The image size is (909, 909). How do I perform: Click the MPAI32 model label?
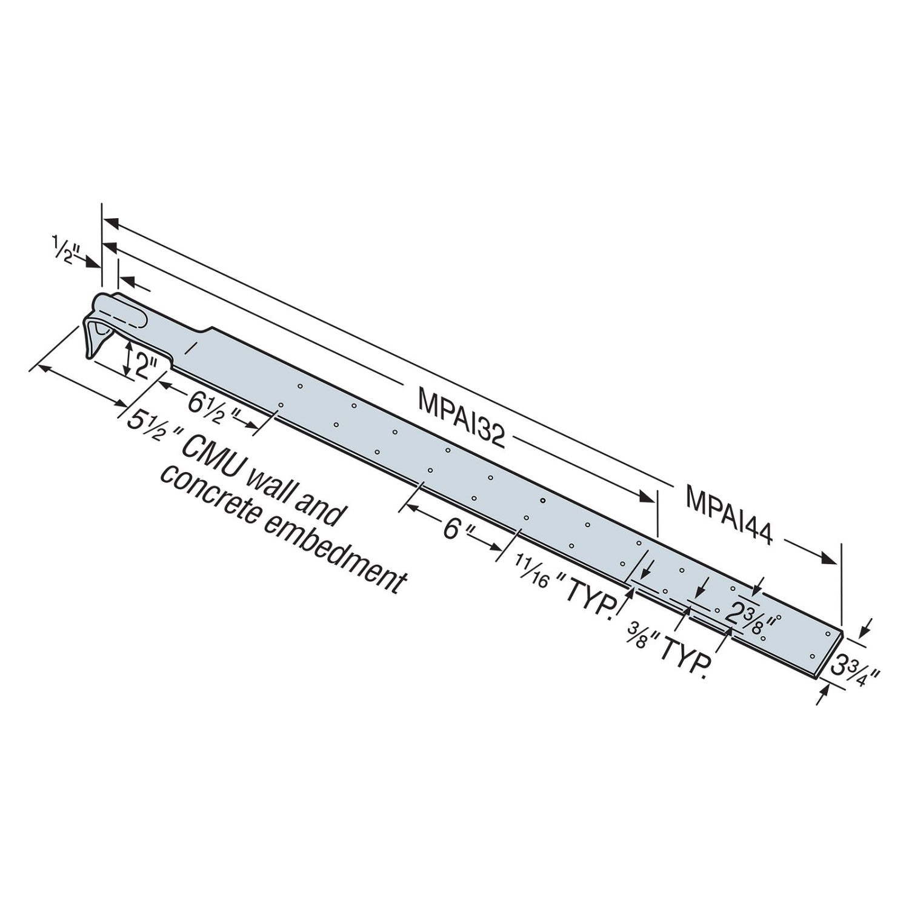(x=461, y=419)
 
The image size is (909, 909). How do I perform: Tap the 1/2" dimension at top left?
(x=62, y=249)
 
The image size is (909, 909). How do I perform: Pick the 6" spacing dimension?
(x=454, y=530)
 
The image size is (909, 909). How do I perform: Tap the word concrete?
(x=206, y=491)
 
